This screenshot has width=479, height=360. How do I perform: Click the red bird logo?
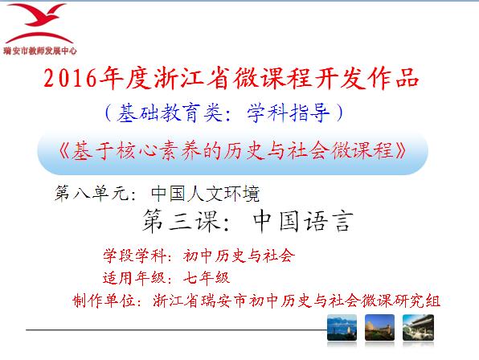coord(39,22)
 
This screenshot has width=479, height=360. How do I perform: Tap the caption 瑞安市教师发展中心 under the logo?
coord(40,51)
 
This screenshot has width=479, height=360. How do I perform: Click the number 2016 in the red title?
coord(70,79)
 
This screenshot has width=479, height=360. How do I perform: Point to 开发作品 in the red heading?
coord(367,79)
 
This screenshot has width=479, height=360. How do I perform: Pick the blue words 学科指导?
coord(289,112)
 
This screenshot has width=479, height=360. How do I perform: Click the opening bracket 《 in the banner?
coord(65,151)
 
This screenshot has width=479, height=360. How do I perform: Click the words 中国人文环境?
coord(205,194)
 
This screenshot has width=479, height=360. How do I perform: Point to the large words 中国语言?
coord(303,221)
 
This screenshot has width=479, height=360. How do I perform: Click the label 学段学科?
coord(135,256)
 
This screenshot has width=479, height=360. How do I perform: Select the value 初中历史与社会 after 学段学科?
coord(239,256)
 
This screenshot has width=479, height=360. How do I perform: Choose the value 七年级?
coord(207,278)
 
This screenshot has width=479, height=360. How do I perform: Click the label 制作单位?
coord(104,301)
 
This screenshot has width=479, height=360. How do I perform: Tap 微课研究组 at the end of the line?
coord(401,301)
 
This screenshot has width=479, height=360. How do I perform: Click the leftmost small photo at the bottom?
coord(342,328)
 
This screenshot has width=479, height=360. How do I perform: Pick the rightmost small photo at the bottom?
coord(418,328)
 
